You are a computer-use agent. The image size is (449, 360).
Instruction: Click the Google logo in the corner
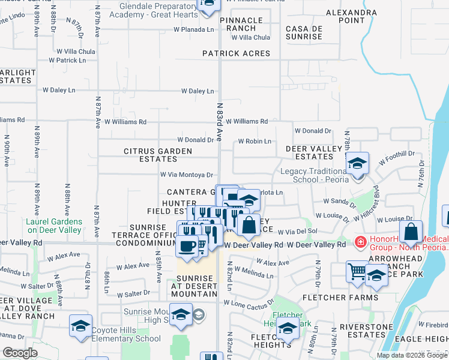point(20,353)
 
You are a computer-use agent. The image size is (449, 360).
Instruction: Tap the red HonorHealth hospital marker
point(360,243)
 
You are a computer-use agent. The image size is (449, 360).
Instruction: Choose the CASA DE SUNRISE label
point(304,32)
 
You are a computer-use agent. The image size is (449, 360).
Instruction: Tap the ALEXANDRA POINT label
point(351,16)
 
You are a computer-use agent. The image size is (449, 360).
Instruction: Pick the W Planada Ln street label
point(194,29)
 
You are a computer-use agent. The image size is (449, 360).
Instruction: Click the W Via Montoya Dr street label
point(187,175)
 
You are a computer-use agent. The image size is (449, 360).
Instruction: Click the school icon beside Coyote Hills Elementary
point(81,326)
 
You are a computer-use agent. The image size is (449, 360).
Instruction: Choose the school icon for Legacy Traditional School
point(357,163)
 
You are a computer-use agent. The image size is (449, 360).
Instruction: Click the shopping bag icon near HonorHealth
point(411,231)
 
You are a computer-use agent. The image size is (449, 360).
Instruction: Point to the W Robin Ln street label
point(255,142)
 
